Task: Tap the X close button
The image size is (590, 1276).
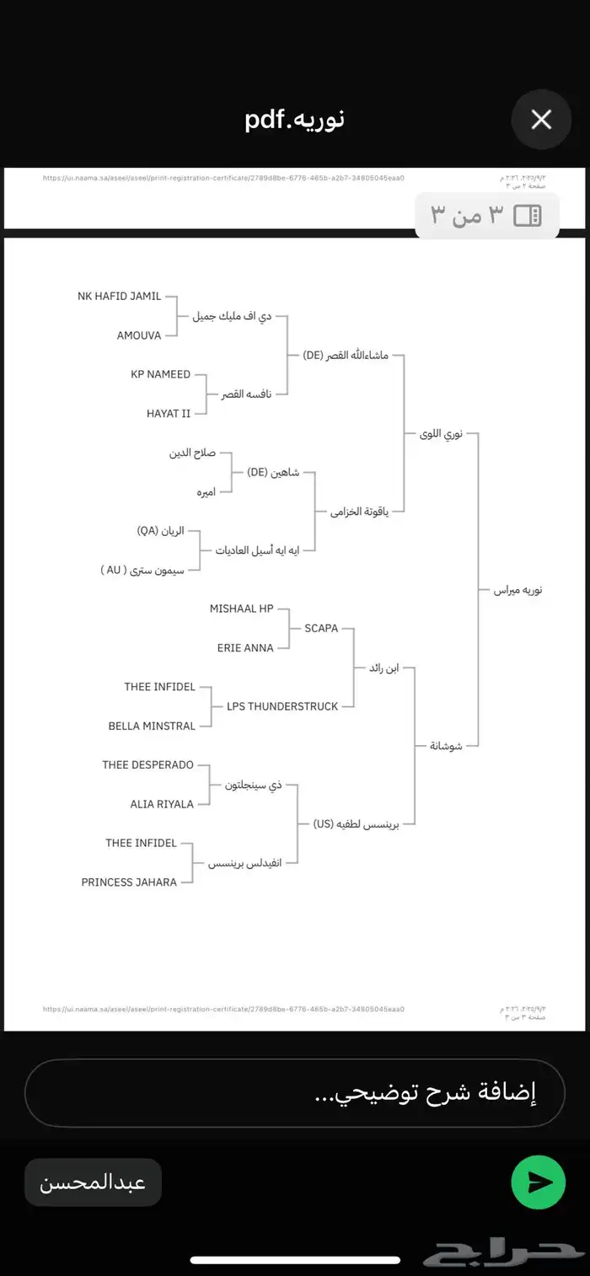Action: pyautogui.click(x=541, y=120)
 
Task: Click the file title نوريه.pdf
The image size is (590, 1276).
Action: pyautogui.click(x=295, y=120)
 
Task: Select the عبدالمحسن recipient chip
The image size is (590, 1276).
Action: pyautogui.click(x=93, y=1182)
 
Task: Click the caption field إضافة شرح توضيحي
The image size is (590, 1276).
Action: pyautogui.click(x=295, y=1093)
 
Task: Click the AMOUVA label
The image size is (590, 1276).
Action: pyautogui.click(x=138, y=335)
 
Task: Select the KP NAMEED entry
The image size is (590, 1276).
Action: pyautogui.click(x=160, y=374)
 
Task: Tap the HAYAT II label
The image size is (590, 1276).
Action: pyautogui.click(x=169, y=413)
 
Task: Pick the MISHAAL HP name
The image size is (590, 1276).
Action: pyautogui.click(x=241, y=609)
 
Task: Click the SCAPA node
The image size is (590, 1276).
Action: pyautogui.click(x=321, y=628)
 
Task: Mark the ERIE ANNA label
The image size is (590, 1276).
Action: pyautogui.click(x=246, y=648)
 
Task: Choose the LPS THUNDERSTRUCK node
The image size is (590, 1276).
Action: pyautogui.click(x=282, y=706)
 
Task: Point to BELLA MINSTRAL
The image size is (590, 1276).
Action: pyautogui.click(x=152, y=726)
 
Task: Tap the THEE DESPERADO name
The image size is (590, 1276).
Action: pyautogui.click(x=147, y=764)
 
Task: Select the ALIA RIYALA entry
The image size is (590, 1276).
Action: pyautogui.click(x=162, y=804)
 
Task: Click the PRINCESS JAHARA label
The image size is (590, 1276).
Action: pyautogui.click(x=129, y=882)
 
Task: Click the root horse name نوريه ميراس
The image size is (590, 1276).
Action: pyautogui.click(x=518, y=590)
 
